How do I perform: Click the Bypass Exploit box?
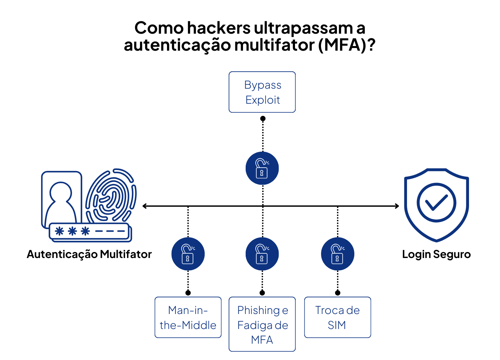pos(262,92)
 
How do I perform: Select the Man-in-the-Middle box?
pos(188,317)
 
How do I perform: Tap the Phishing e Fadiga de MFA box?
pos(262,324)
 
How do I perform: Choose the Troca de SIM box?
pos(337,317)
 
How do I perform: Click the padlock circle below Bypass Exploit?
pos(262,168)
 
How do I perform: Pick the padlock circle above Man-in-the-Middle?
pos(188,254)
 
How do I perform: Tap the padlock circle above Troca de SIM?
pos(337,254)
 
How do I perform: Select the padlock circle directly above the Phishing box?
pos(262,254)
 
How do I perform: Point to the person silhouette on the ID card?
pos(61,202)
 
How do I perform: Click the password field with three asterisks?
pos(89,231)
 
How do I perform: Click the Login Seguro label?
pos(436,254)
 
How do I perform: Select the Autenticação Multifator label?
pos(89,254)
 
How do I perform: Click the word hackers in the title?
pos(219,28)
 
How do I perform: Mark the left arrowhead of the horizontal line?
pos(144,206)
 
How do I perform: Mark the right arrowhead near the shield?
pos(397,206)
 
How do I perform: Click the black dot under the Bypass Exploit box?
pos(263,118)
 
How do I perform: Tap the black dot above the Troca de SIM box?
pos(338,293)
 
